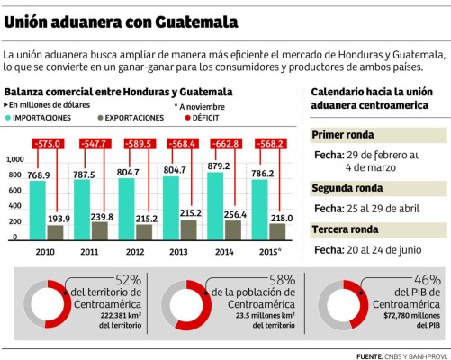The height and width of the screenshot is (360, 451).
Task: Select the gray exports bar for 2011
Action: [102, 229]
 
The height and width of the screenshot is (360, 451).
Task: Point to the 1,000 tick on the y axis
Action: [14, 158]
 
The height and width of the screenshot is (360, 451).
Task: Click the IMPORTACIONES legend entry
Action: [41, 118]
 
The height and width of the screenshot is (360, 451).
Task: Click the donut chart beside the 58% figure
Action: [183, 303]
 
